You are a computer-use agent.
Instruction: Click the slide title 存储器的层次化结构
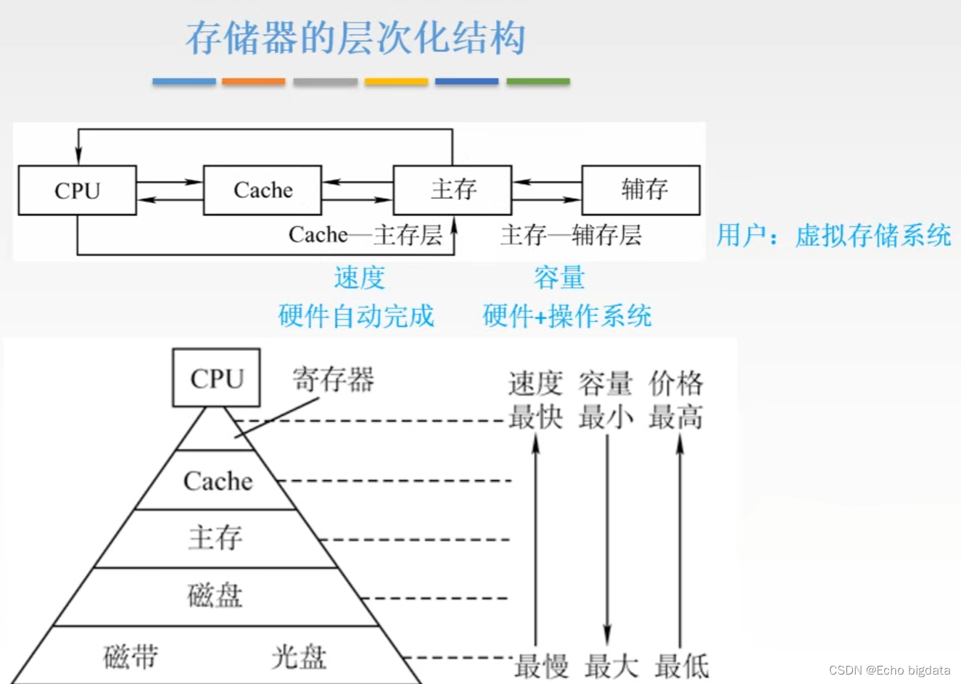tap(355, 38)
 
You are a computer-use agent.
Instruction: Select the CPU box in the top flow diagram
tap(77, 190)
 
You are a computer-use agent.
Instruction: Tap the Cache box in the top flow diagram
tap(263, 190)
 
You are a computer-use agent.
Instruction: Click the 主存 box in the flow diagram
tap(453, 190)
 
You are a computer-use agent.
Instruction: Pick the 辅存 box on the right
tap(641, 190)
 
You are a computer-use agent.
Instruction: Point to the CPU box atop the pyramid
tap(216, 378)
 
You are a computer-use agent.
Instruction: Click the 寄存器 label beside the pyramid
tap(333, 379)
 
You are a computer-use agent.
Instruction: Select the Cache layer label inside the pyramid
tap(218, 481)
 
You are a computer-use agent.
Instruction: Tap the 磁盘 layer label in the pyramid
tap(215, 596)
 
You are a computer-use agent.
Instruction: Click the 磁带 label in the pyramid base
tap(131, 656)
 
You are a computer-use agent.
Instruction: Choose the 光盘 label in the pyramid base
tap(299, 656)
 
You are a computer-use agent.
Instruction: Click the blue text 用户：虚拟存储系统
tap(833, 236)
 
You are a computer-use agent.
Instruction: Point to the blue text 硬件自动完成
tap(356, 316)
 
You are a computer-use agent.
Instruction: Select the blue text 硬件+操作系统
tap(567, 316)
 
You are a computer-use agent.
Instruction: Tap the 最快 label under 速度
tap(535, 417)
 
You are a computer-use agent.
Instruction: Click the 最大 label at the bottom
tap(611, 665)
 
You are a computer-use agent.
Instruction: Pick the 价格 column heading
tap(676, 383)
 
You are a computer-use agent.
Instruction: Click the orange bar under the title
tap(253, 82)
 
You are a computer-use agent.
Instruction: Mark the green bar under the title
tap(538, 82)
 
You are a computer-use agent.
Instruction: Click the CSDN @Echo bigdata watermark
tap(889, 670)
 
